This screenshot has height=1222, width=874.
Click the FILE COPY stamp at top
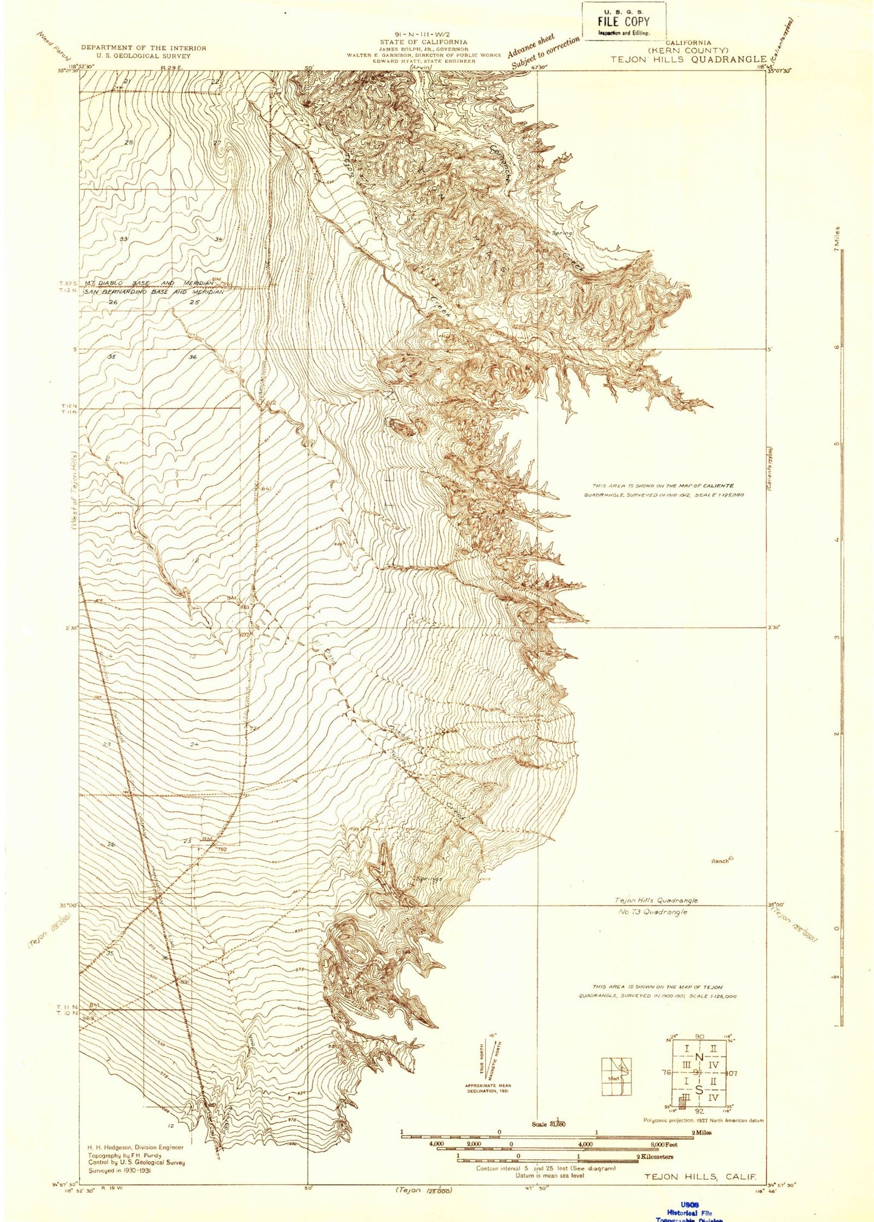(624, 21)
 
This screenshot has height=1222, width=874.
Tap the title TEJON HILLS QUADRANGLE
(688, 59)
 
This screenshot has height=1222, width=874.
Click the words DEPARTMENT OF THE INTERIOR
(143, 48)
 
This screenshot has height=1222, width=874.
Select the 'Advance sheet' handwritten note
(530, 46)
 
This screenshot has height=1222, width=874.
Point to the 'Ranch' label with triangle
(722, 860)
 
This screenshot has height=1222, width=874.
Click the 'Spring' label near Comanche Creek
(562, 233)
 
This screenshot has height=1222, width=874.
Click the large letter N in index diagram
(699, 1056)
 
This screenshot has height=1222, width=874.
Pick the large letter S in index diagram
(699, 1090)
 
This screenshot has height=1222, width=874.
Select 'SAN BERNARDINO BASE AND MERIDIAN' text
(154, 292)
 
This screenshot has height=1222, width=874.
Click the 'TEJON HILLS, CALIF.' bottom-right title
(700, 1177)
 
